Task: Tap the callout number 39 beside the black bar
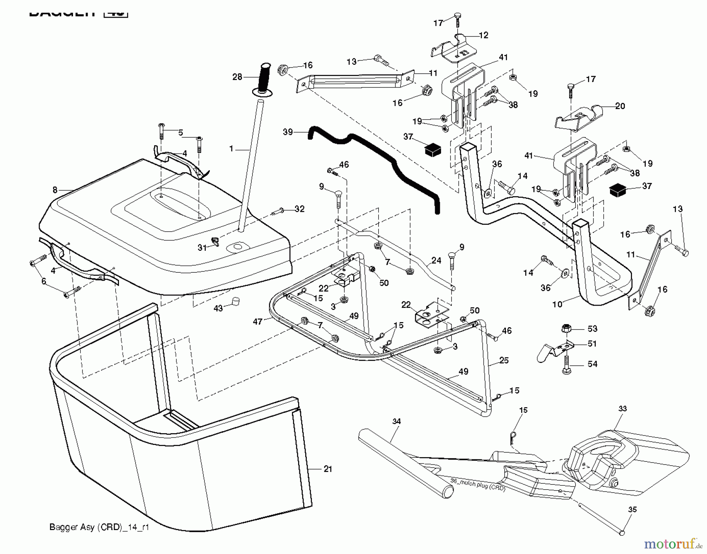pos(288,132)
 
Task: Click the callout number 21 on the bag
pos(328,469)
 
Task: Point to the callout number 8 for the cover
pos(55,190)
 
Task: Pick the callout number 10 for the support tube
pos(557,304)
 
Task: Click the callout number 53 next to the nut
pos(592,328)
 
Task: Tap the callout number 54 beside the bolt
pos(592,364)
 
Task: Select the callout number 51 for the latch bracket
pos(592,344)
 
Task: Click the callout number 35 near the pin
pos(632,510)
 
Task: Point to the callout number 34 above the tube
pos(397,421)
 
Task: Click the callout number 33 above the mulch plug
pos(623,408)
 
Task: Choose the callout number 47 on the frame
pos(258,322)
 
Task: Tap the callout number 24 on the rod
pos(436,261)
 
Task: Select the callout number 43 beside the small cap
pos(218,308)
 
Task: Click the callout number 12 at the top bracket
pos(484,35)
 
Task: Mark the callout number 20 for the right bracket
pos(620,106)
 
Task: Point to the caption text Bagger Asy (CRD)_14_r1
pos(99,527)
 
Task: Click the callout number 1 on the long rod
pos(231,149)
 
